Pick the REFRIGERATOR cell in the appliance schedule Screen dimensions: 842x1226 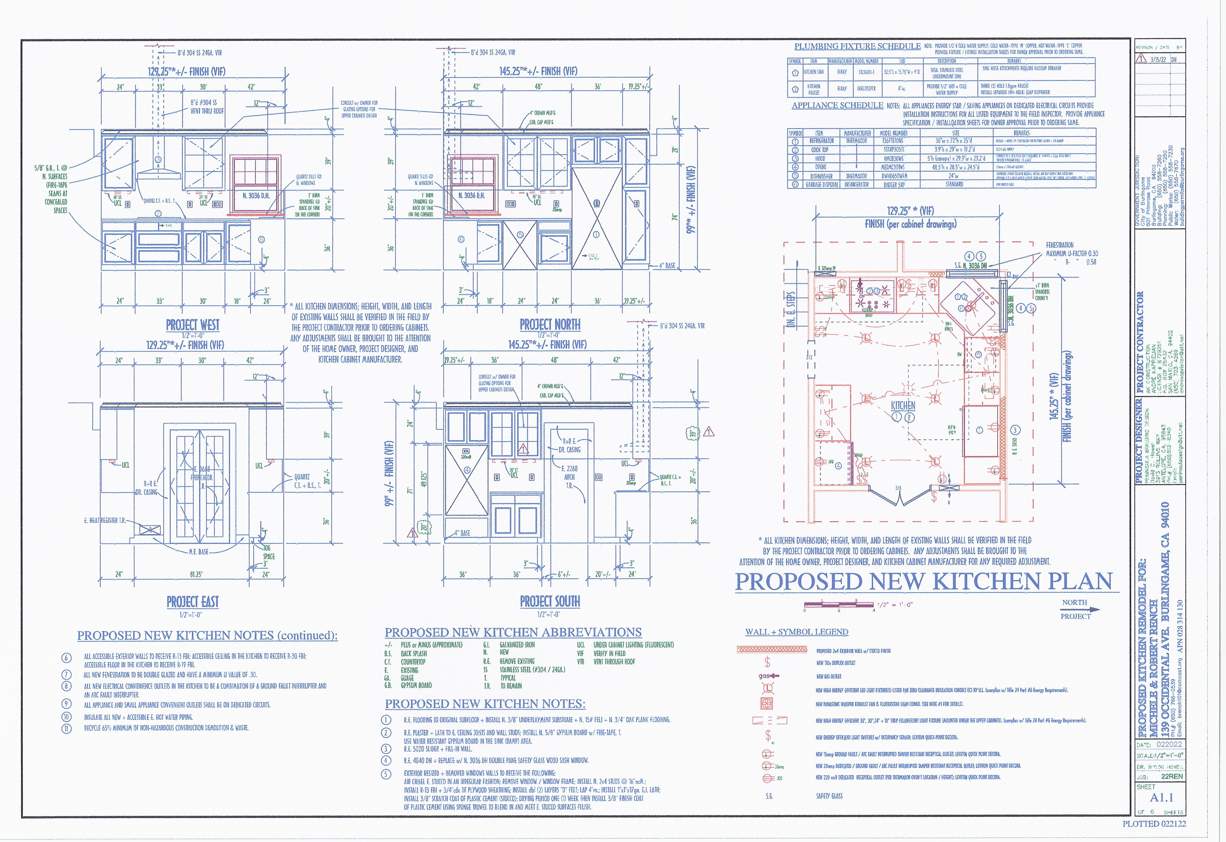point(821,141)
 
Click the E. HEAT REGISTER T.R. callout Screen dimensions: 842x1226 point(104,520)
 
